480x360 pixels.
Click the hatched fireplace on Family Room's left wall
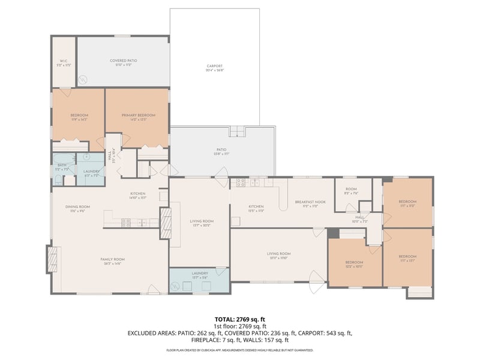coord(52,260)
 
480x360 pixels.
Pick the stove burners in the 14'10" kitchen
coord(127,223)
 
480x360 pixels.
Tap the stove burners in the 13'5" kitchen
coord(240,182)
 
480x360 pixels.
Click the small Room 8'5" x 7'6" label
coord(350,191)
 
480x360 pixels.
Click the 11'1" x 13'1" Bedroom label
coord(408,259)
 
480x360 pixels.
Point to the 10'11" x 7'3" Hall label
coord(360,219)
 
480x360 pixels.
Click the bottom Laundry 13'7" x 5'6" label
coord(200,275)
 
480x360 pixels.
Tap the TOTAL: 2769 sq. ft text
coord(239,319)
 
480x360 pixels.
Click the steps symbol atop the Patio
coord(238,131)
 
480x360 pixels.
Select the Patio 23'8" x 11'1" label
coord(221,151)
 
